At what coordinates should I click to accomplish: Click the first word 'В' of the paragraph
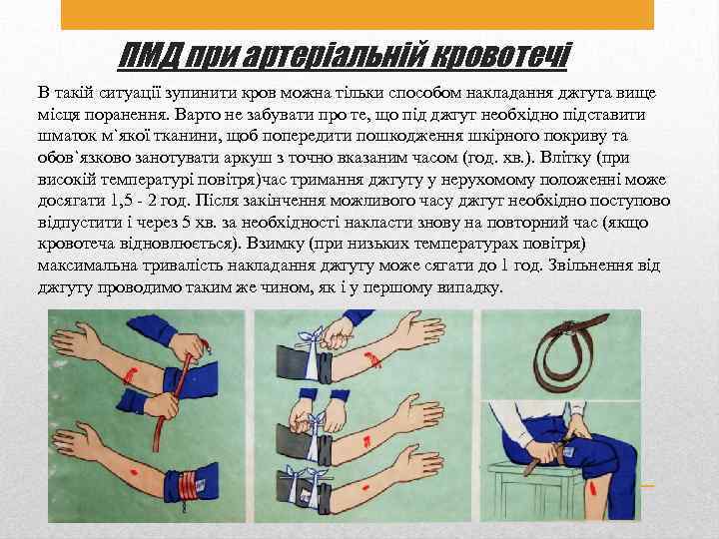tap(44, 93)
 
